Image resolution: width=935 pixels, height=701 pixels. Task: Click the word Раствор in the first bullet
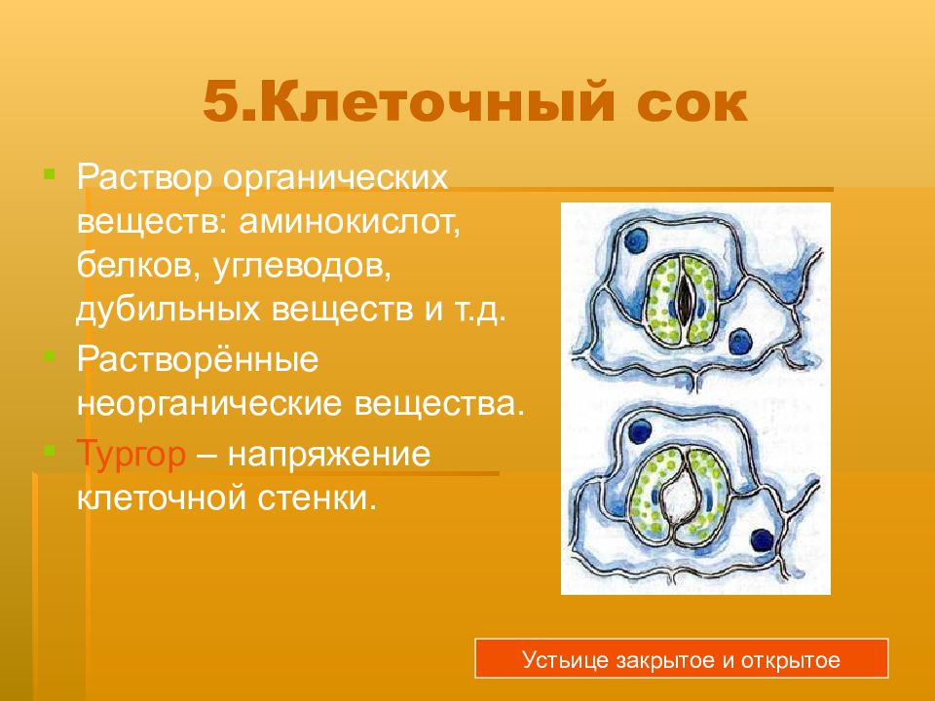[x=144, y=177]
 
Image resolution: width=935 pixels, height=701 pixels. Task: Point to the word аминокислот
[x=350, y=222]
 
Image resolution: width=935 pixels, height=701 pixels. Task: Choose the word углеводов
[x=301, y=267]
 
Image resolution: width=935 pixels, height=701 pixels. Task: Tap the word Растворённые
[x=198, y=359]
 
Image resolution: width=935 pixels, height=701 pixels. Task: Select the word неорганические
[x=209, y=403]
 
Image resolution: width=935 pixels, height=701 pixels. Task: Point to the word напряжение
[x=328, y=455]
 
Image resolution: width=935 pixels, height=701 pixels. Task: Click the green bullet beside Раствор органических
[x=50, y=174]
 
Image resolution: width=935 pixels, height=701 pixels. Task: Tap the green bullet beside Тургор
[x=50, y=450]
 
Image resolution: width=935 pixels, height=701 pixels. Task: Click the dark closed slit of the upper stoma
[x=685, y=299]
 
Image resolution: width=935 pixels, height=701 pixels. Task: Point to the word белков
[x=138, y=267]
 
